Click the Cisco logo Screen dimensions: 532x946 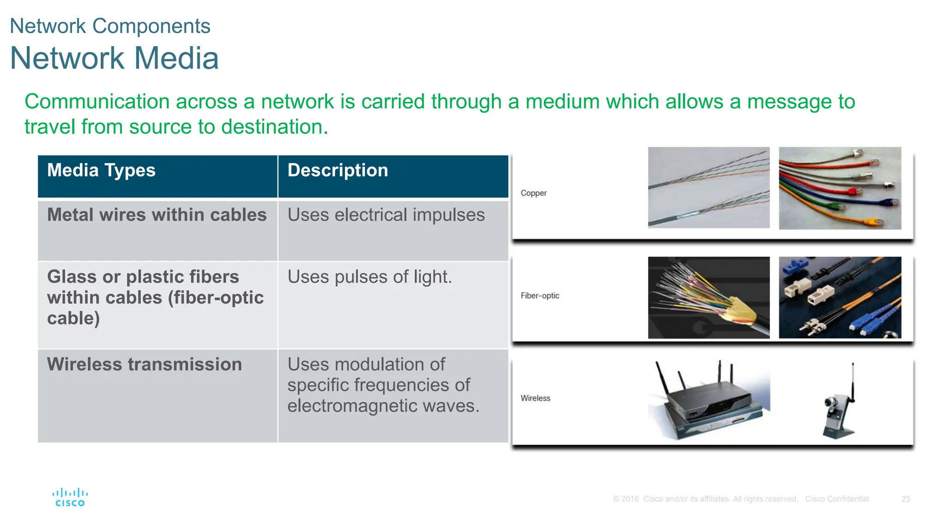(70, 498)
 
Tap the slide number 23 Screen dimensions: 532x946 (905, 499)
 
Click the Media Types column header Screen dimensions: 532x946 (101, 170)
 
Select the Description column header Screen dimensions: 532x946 (338, 170)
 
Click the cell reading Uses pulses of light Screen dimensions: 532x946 (370, 277)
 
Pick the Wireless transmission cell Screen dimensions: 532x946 (144, 364)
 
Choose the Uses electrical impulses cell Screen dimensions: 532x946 (386, 215)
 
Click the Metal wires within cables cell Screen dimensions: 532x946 (157, 215)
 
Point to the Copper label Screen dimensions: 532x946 (534, 193)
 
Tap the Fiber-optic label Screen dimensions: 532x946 (540, 296)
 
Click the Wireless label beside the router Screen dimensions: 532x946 (535, 398)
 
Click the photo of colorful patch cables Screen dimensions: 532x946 (840, 188)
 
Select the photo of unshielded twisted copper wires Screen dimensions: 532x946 (709, 187)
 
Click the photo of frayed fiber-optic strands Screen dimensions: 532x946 (709, 297)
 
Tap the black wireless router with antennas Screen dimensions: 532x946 (707, 402)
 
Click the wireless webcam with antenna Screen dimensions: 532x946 (840, 406)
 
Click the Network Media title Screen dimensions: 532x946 (114, 58)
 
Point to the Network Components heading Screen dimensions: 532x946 (110, 26)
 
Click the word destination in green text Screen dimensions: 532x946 (273, 127)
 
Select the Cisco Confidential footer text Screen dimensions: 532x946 (837, 499)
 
